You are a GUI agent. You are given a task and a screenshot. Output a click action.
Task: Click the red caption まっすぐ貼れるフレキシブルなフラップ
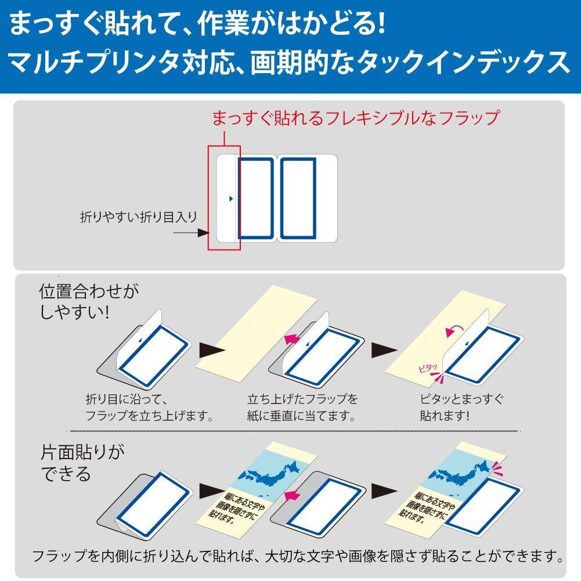tap(354, 118)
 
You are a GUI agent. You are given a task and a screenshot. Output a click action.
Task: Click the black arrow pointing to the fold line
tap(192, 233)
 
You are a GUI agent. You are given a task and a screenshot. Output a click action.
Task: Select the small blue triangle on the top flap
tap(230, 199)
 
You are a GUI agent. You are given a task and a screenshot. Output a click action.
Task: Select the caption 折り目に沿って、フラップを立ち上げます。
tap(150, 407)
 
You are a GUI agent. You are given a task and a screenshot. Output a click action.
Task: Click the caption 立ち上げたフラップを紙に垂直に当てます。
tap(302, 407)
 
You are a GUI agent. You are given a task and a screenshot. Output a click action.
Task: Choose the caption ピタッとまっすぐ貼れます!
tap(461, 407)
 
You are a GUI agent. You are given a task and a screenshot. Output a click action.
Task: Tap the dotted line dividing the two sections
tap(296, 431)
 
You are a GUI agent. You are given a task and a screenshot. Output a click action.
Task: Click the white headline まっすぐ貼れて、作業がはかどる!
tap(197, 25)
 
